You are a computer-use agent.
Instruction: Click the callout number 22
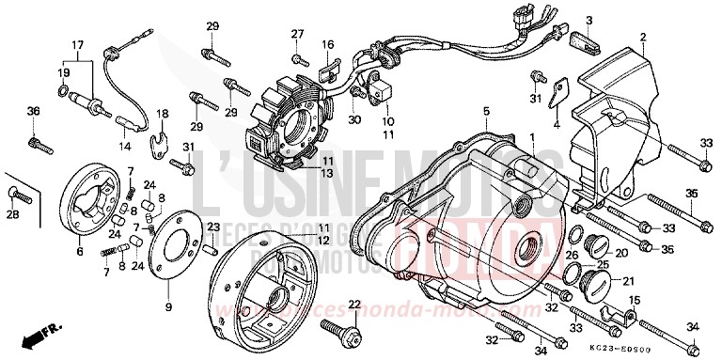[x=353, y=304]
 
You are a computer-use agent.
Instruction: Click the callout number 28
[x=13, y=216]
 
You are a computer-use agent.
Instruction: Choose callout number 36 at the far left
[x=33, y=112]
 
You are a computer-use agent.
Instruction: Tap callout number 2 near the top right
[x=643, y=38]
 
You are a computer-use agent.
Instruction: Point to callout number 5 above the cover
[x=487, y=112]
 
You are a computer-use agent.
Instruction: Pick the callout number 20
[x=621, y=253]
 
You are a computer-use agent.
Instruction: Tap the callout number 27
[x=298, y=34]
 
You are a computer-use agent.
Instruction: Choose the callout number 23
[x=213, y=227]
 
